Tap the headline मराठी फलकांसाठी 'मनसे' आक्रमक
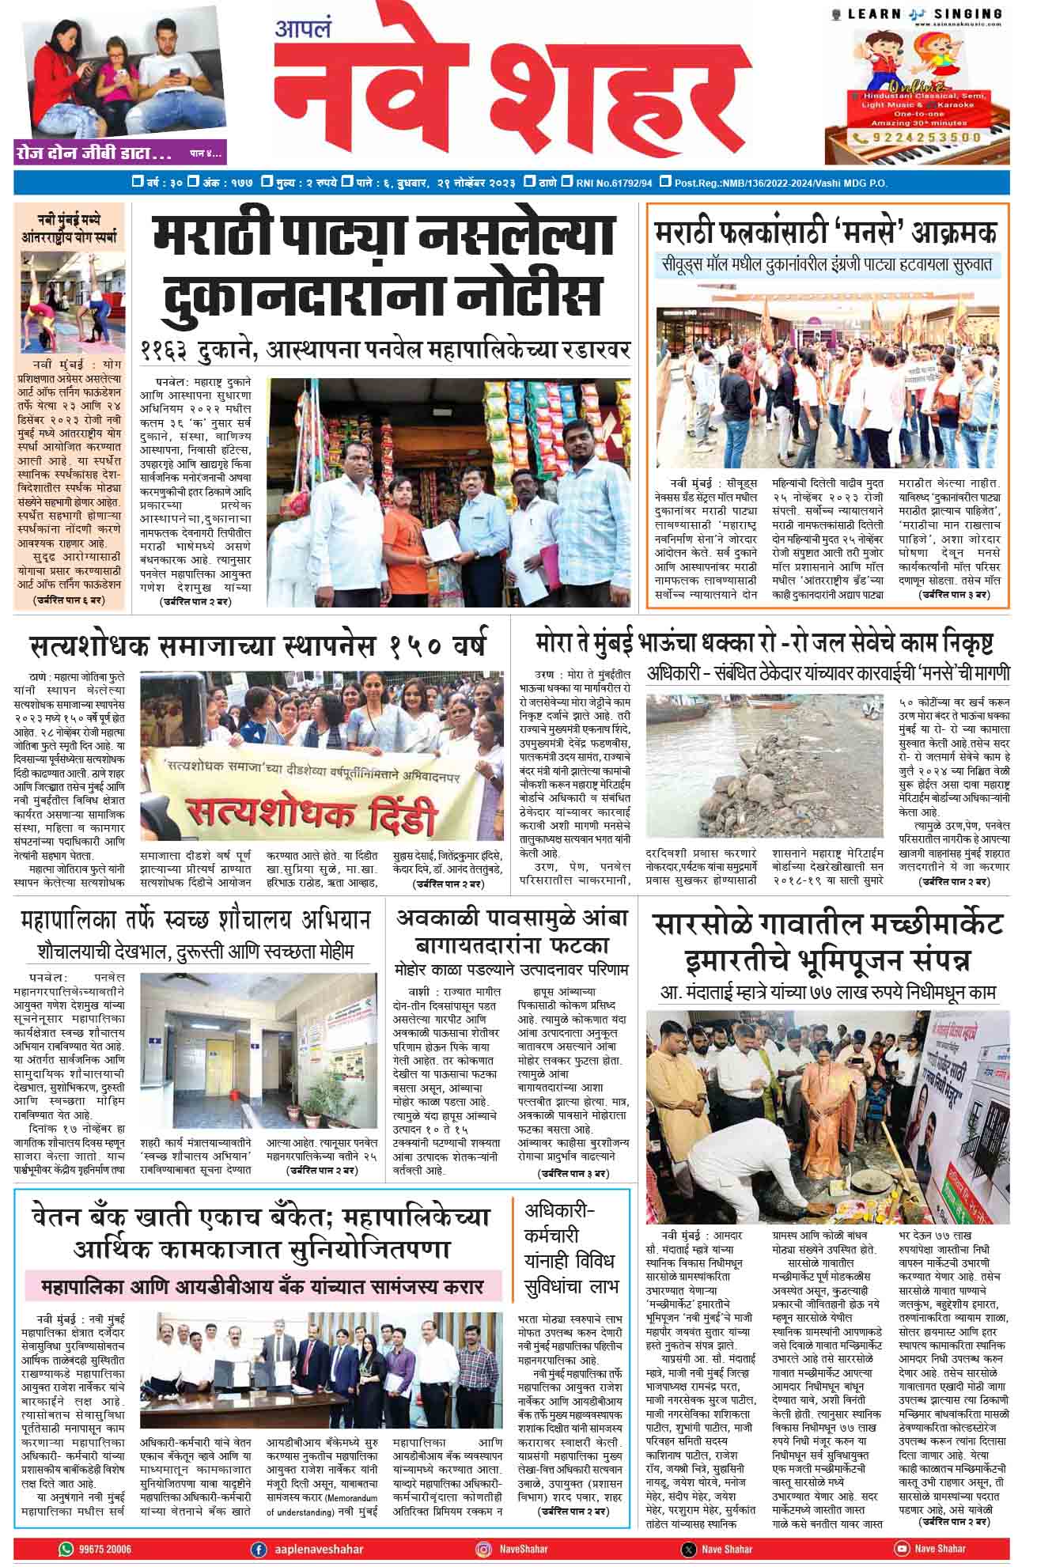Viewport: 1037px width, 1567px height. [826, 233]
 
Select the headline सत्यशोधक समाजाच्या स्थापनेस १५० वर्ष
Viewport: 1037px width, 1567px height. [258, 645]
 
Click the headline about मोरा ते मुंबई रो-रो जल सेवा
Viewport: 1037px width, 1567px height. [764, 643]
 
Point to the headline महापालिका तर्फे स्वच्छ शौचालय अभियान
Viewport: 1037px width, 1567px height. [196, 919]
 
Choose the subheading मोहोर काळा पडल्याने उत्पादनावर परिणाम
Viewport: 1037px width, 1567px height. [512, 970]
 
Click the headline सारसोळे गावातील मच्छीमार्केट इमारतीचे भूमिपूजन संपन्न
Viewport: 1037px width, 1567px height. [827, 941]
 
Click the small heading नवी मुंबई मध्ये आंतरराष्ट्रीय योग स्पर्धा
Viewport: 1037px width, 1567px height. [70, 227]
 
